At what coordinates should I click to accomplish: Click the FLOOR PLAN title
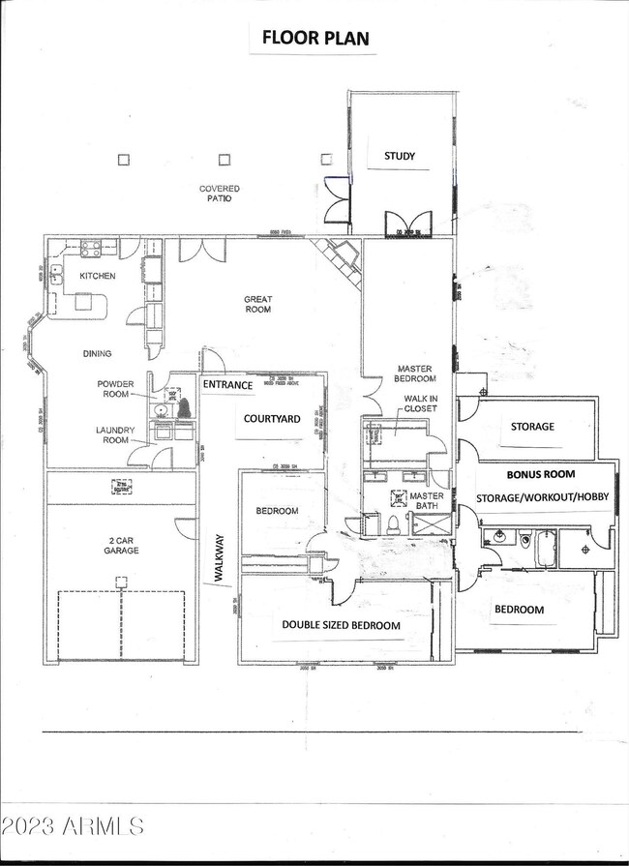[x=314, y=39]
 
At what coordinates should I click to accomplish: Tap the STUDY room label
[x=399, y=155]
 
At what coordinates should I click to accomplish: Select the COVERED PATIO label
[x=220, y=194]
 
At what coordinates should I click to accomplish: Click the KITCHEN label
[x=97, y=276]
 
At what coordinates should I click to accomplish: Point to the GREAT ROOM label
[x=257, y=304]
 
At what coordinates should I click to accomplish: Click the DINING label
[x=97, y=353]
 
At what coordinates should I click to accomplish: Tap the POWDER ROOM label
[x=115, y=389]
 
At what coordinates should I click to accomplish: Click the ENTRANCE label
[x=227, y=385]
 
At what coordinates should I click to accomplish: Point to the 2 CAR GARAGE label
[x=115, y=545]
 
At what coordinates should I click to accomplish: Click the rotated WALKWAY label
[x=219, y=557]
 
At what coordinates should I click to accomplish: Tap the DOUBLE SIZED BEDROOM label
[x=341, y=625]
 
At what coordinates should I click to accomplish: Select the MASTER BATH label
[x=426, y=501]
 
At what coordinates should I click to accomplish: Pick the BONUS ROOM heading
[x=541, y=474]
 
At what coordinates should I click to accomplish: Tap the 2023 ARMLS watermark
[x=73, y=825]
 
